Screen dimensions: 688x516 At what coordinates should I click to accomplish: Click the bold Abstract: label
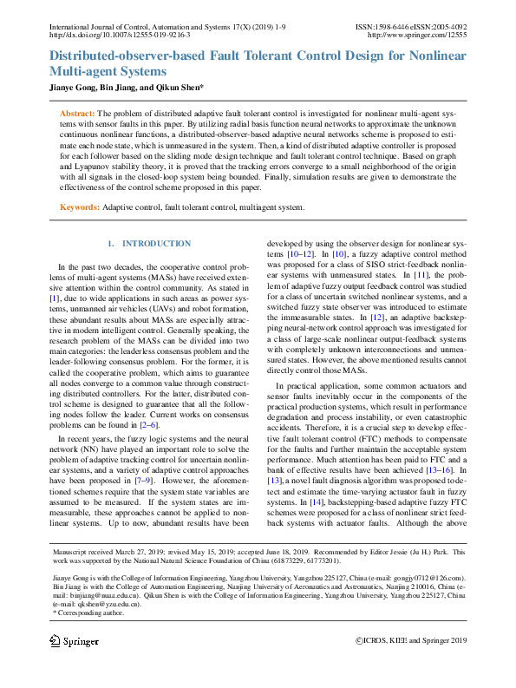(76, 114)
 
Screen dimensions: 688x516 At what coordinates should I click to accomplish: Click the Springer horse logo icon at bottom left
(56, 665)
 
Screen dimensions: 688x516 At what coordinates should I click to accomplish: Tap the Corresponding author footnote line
(88, 613)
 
